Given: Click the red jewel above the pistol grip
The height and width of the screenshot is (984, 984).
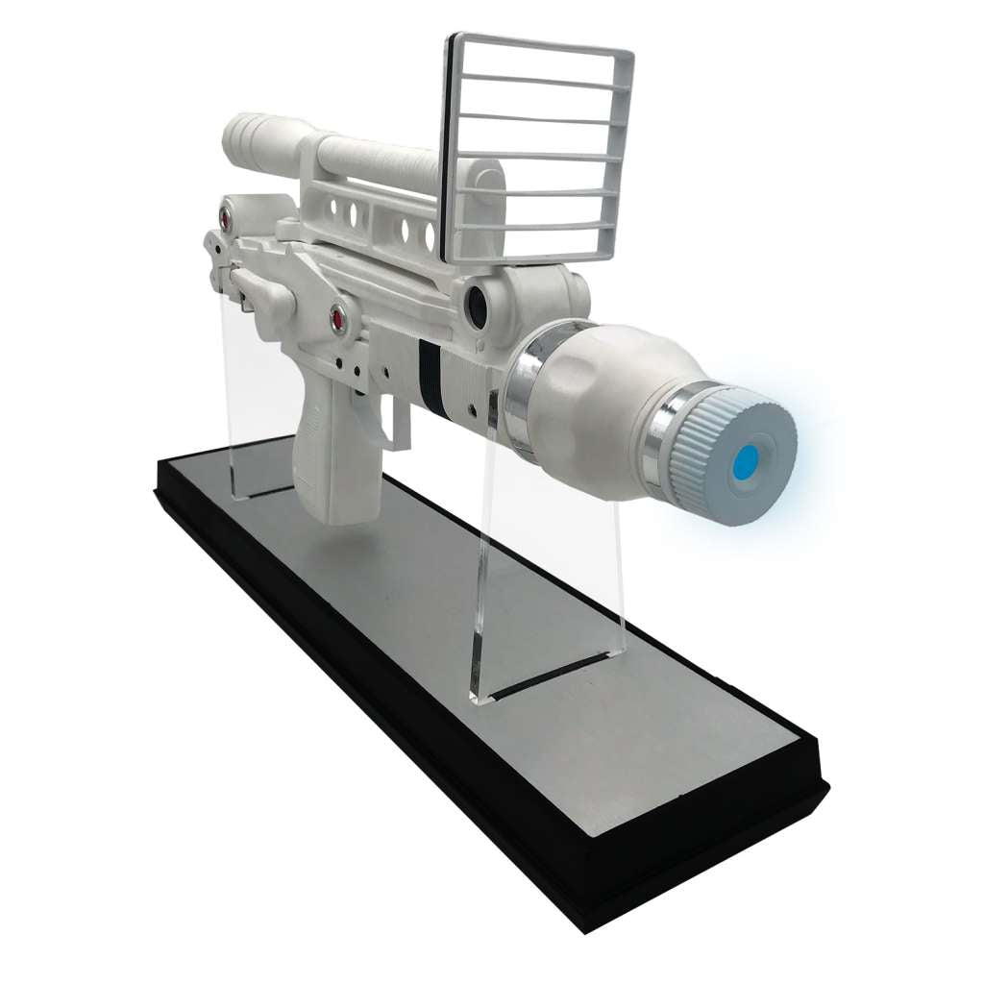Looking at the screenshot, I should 338,316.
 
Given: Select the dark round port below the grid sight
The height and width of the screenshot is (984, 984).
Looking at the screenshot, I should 478,303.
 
